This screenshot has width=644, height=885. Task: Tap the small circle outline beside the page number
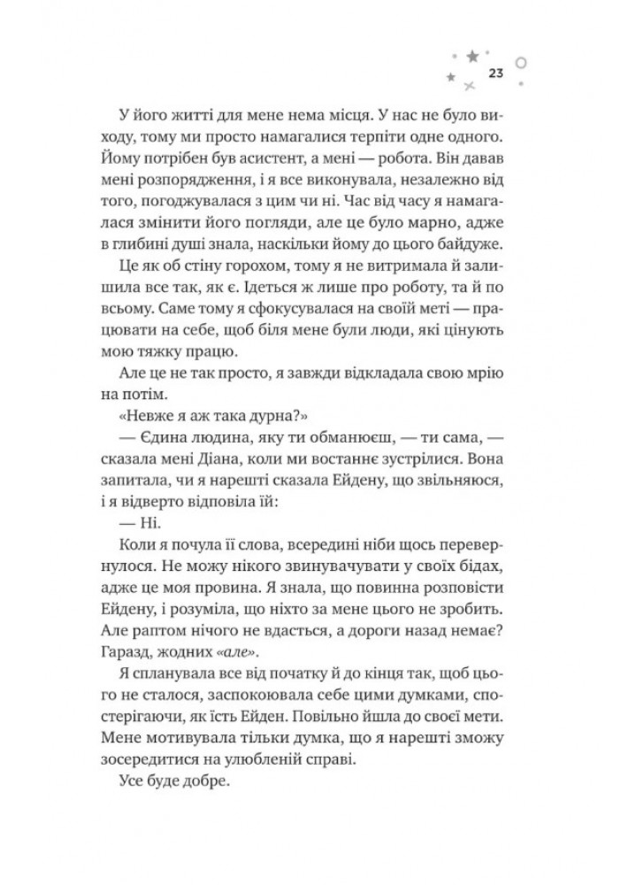(521, 65)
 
